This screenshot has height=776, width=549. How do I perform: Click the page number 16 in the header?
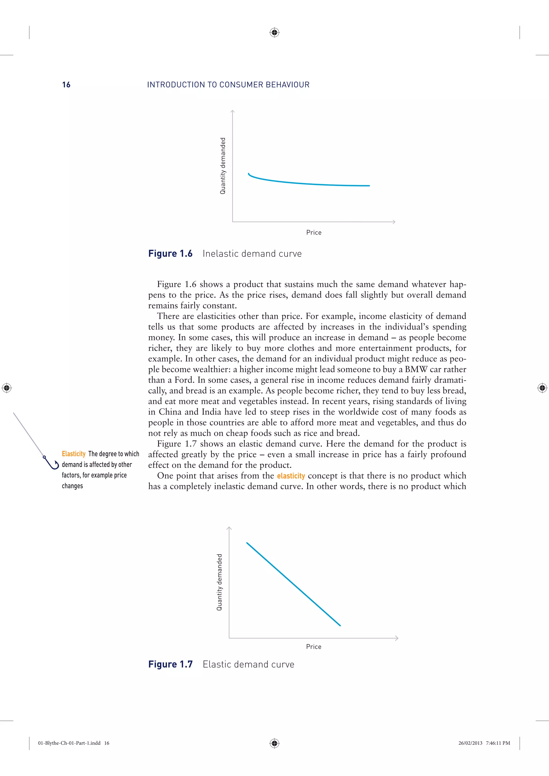[x=66, y=85]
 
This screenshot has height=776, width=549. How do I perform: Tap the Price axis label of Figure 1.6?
[x=314, y=232]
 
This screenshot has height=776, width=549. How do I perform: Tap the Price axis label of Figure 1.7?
[x=314, y=647]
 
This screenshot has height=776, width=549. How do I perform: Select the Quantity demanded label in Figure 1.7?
[x=219, y=582]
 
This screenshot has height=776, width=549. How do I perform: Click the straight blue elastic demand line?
[x=293, y=584]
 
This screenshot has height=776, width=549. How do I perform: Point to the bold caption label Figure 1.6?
[x=170, y=254]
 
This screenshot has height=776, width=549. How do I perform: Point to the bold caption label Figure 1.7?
[x=170, y=664]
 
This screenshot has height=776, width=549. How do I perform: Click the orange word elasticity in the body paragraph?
[x=291, y=476]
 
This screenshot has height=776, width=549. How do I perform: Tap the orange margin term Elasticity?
[x=73, y=454]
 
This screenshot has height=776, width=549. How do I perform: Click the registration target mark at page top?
[x=274, y=32]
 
